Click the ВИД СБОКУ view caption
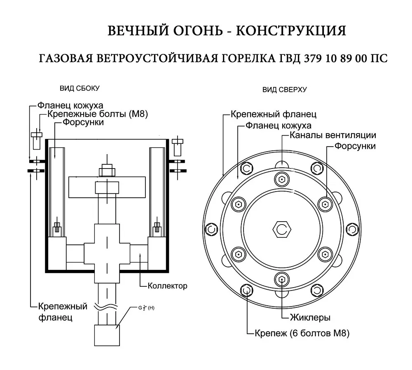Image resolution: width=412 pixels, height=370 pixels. [80, 88]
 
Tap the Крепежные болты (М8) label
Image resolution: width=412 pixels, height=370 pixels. [98, 114]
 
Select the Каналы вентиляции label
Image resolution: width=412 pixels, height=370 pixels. [333, 135]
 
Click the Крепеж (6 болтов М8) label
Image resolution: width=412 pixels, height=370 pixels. [302, 333]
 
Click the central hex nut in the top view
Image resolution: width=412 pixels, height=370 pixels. [282, 229]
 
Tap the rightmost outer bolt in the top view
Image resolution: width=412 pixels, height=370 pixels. [351, 229]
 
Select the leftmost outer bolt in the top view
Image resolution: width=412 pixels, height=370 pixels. [211, 229]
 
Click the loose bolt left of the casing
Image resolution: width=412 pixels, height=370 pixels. [36, 140]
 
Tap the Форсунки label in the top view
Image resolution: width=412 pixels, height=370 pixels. [355, 146]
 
